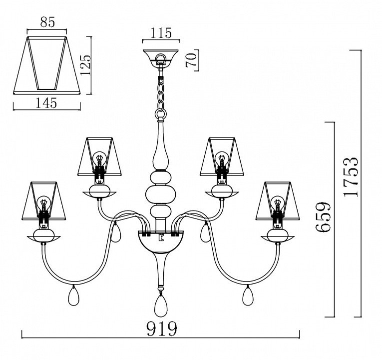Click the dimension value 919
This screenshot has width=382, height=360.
point(161,329)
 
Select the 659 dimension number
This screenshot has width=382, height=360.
point(323,216)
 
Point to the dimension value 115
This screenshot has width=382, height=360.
point(161,33)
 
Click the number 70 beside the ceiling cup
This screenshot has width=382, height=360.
point(191,60)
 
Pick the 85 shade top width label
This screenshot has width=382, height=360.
point(48,22)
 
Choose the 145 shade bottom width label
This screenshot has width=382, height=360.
point(46,102)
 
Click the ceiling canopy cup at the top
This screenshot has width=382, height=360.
point(161,57)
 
